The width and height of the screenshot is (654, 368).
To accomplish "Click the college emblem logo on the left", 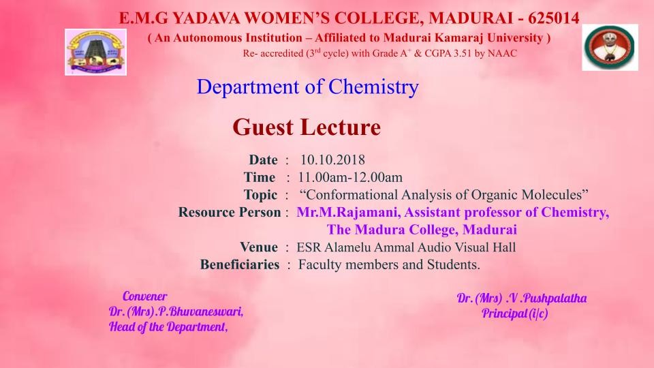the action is [x=95, y=52].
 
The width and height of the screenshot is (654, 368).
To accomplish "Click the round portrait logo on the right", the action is [x=610, y=47].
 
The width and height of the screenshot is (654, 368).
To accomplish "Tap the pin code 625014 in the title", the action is [x=553, y=18].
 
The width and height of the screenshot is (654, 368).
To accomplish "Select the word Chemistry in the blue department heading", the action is [x=373, y=87].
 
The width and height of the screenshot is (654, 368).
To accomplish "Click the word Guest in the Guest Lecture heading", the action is [x=263, y=127].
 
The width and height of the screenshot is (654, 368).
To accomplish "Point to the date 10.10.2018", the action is [x=332, y=159].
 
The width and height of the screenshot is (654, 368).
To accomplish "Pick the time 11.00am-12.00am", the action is [x=350, y=177].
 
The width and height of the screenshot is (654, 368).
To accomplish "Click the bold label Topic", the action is [x=260, y=196].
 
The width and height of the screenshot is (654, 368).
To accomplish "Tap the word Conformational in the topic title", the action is [x=352, y=195].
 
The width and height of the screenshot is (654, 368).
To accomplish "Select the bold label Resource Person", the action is [x=230, y=213].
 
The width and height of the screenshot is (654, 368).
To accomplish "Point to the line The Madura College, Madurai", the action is [x=422, y=230].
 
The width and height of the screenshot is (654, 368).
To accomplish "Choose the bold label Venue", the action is [x=259, y=247].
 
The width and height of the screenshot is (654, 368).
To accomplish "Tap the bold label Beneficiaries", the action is [x=239, y=265].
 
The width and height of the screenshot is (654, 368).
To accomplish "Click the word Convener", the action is [x=144, y=296].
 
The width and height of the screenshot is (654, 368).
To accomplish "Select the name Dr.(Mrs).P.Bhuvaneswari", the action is [x=176, y=311].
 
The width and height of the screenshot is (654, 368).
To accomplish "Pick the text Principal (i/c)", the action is [x=515, y=313].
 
